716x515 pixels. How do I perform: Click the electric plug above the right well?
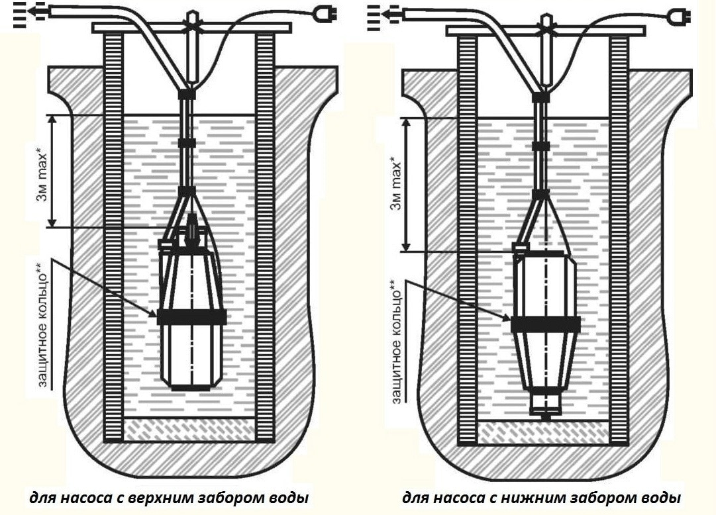[x=678, y=13]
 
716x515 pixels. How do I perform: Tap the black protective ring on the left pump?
[x=192, y=316]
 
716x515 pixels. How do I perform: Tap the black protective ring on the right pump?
[x=545, y=324]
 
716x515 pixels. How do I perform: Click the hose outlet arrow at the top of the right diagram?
[x=375, y=12]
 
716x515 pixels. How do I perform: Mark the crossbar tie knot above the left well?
[x=192, y=22]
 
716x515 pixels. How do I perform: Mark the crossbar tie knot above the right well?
[x=546, y=22]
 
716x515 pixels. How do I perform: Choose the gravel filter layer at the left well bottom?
[x=191, y=429]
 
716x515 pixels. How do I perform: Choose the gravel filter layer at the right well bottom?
[x=544, y=433]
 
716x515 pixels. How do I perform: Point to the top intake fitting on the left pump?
[x=192, y=228]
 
